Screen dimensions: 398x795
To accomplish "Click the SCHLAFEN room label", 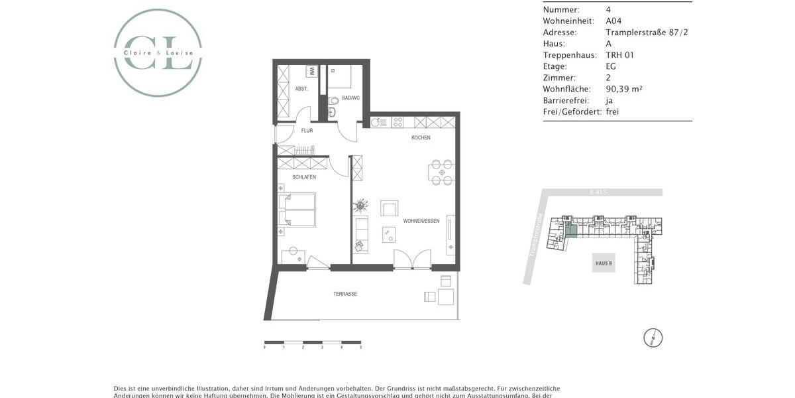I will click(x=303, y=177).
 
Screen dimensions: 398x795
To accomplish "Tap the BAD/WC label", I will click(x=350, y=98).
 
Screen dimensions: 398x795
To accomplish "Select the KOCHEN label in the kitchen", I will click(x=421, y=138).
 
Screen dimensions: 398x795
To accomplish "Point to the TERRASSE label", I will click(x=345, y=294).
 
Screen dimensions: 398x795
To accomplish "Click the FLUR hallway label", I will click(x=307, y=131).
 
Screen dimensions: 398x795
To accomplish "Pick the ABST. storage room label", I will click(x=301, y=88).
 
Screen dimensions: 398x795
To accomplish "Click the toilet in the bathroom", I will click(x=333, y=101).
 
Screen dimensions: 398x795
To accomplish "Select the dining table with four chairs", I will click(x=441, y=172).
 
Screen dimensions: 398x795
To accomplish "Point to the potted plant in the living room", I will click(x=361, y=205).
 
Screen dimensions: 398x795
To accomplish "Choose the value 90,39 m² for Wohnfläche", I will click(x=624, y=89).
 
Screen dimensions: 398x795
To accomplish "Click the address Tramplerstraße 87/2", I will click(x=647, y=32).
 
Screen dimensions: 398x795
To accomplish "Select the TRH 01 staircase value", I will click(x=619, y=55).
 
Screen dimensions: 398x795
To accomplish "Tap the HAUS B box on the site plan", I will click(x=603, y=263).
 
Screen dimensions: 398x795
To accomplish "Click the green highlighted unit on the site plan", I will click(x=570, y=231).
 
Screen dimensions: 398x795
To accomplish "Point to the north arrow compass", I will click(x=653, y=338).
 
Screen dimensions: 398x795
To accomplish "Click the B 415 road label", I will click(x=598, y=192).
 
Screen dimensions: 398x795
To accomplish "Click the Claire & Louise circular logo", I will click(x=158, y=53).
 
